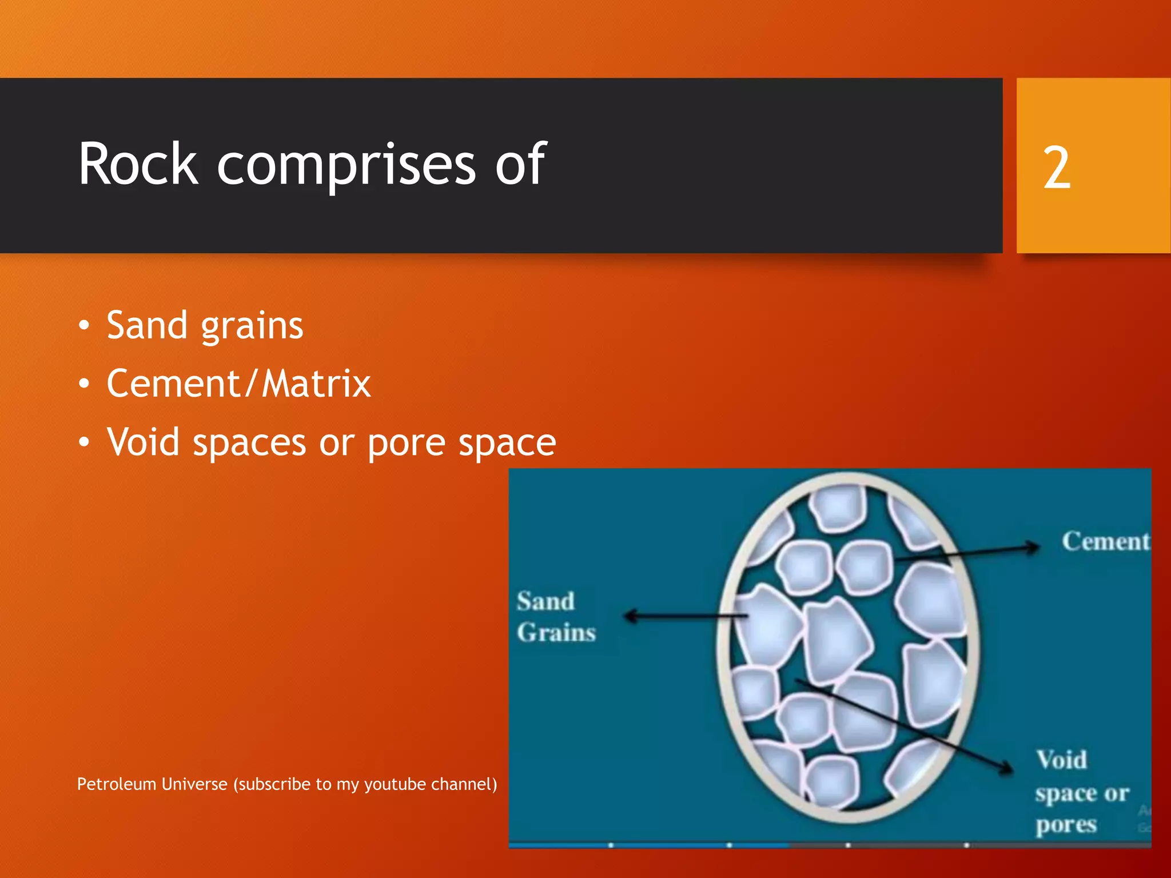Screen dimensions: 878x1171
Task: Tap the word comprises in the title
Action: pos(346,166)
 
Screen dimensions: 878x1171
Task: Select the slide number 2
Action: pos(1057,167)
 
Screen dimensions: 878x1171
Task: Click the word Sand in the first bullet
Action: pos(147,325)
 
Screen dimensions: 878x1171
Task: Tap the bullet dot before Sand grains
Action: pos(84,326)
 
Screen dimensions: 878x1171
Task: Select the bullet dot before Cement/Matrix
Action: pos(84,384)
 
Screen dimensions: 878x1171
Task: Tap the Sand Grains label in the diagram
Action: pos(556,617)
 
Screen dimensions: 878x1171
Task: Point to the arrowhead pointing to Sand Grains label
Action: pos(631,616)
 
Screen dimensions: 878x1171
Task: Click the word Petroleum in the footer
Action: pos(117,784)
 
